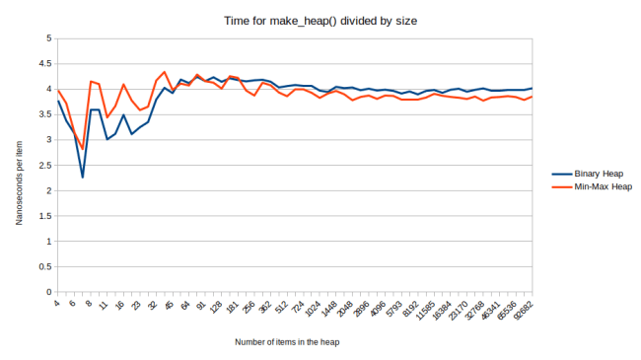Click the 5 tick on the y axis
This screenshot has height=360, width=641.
47,38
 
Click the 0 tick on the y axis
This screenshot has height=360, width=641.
47,293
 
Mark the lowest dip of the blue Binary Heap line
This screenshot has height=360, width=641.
83,178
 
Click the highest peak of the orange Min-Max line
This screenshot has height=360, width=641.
164,72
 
